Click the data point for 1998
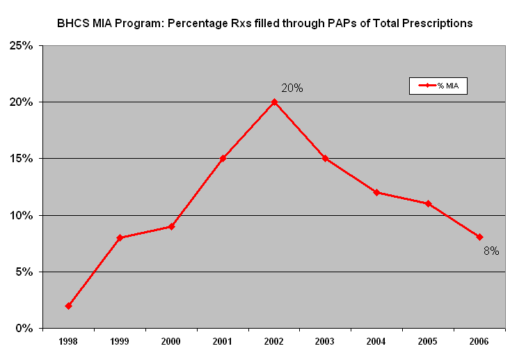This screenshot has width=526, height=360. click(68, 306)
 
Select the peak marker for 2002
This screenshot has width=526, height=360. click(274, 102)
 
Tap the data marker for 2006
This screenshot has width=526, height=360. click(479, 237)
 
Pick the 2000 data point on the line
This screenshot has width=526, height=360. click(171, 226)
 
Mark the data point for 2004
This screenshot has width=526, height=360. click(376, 192)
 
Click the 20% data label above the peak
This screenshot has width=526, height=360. click(292, 88)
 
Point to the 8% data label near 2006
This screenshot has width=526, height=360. click(491, 251)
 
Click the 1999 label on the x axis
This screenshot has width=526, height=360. click(120, 341)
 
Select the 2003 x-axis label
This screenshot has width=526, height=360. click(325, 341)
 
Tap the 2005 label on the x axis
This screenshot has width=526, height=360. click(428, 341)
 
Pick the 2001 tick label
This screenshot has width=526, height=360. click(223, 341)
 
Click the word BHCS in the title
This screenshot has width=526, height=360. click(72, 23)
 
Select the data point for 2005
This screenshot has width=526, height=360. click(428, 203)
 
